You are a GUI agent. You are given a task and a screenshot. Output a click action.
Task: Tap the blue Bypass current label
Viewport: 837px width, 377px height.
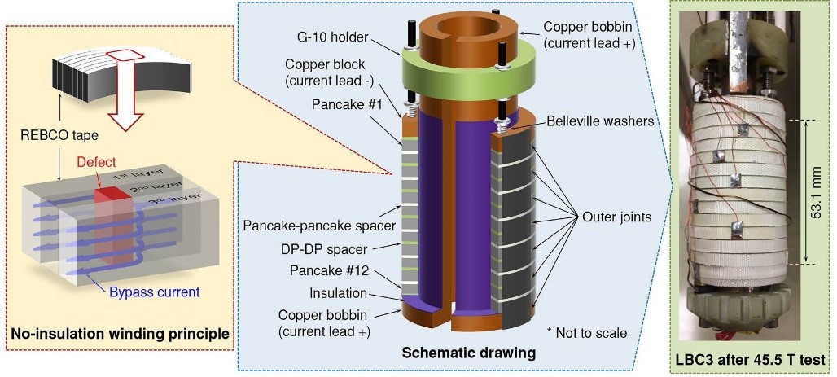(x=154, y=292)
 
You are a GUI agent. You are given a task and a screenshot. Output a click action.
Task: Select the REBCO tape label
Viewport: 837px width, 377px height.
(x=59, y=136)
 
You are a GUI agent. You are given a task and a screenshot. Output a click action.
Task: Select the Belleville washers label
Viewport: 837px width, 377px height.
(x=599, y=122)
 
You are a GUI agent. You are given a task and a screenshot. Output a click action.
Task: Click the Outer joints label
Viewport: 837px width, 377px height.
(x=616, y=217)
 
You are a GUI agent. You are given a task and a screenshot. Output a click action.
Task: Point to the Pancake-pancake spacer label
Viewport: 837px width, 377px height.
(x=319, y=226)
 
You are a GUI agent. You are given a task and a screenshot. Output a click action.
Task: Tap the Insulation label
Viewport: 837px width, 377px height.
(x=339, y=293)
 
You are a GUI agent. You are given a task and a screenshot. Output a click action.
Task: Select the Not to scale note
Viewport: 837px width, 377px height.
(x=587, y=333)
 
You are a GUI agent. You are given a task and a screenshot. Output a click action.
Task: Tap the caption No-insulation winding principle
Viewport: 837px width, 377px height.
(x=120, y=335)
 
